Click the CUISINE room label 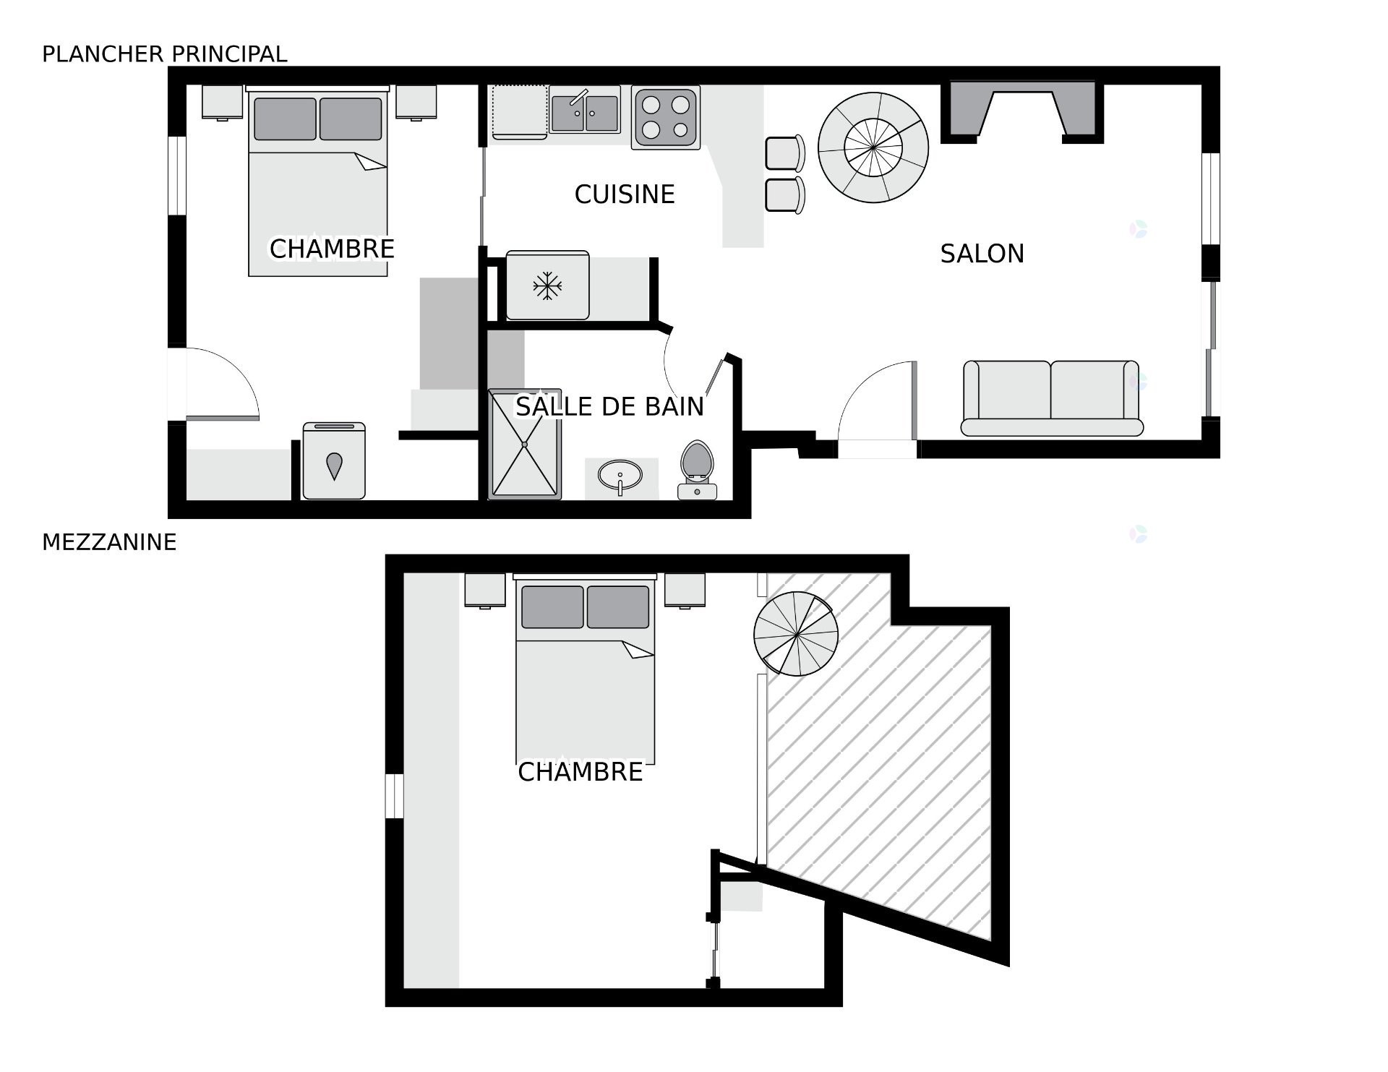[x=625, y=194]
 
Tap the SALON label [x=982, y=254]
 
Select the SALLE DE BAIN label [x=609, y=406]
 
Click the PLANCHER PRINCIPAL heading [x=165, y=54]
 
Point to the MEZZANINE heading [x=109, y=542]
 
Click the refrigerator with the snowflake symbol [x=547, y=286]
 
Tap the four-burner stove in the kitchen [x=666, y=118]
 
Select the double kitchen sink [x=585, y=110]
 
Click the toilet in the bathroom [x=697, y=470]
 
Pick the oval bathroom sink [x=620, y=476]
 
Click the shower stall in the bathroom [x=525, y=445]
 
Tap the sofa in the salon [x=1052, y=398]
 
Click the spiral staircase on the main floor [x=873, y=147]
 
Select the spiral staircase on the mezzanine [x=796, y=634]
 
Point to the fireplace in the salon [x=1022, y=111]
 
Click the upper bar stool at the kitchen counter [x=785, y=153]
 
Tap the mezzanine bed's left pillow [x=552, y=607]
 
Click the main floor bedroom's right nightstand [x=416, y=102]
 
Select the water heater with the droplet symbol [x=334, y=461]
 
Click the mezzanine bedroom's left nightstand [x=485, y=591]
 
